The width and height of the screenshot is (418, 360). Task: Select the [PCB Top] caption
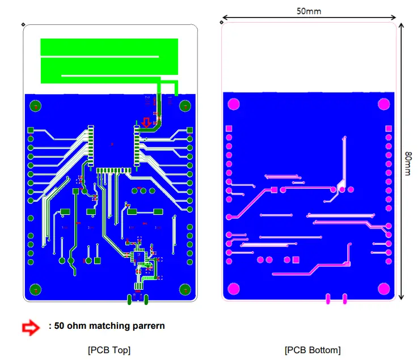(109, 350)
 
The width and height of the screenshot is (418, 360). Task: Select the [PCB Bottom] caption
(313, 350)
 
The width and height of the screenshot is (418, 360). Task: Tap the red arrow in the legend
(31, 327)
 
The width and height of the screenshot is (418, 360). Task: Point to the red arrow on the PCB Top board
(147, 122)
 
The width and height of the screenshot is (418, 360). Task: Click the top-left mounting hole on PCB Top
(35, 105)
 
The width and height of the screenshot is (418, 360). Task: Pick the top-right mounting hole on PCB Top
(185, 105)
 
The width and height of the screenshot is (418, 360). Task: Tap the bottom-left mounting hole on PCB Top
(35, 289)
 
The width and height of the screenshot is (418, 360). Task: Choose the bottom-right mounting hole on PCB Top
(185, 289)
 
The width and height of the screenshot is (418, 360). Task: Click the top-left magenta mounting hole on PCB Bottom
(233, 104)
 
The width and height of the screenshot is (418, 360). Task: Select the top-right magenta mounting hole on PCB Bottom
(384, 104)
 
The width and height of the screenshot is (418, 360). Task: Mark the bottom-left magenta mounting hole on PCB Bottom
(233, 290)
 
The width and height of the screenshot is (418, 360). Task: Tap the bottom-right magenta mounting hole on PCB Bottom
(384, 290)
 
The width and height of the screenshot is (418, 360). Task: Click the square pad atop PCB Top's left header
(31, 130)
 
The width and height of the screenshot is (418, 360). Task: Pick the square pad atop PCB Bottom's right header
(389, 129)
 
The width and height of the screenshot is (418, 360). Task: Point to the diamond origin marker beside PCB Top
(22, 24)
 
